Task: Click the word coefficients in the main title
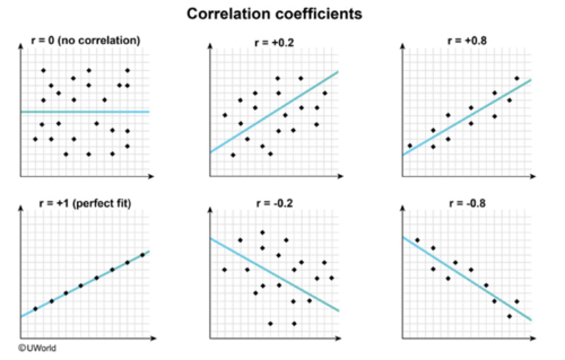point(318,14)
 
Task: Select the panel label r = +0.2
point(274,42)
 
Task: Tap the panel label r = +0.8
point(467,41)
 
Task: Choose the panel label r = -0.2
point(274,203)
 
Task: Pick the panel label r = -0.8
point(467,203)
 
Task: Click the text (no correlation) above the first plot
point(99,40)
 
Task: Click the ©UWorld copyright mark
point(37,348)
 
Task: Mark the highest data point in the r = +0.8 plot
point(517,78)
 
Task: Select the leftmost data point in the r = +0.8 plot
point(410,145)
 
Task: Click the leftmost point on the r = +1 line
point(35,309)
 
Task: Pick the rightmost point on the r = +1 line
point(142,255)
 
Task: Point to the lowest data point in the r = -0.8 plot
point(509,316)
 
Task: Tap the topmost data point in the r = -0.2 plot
point(262,233)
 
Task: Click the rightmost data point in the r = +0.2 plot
point(324,93)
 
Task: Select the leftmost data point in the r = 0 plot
point(35,139)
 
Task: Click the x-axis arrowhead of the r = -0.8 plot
point(533,338)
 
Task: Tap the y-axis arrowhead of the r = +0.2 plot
point(210,46)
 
